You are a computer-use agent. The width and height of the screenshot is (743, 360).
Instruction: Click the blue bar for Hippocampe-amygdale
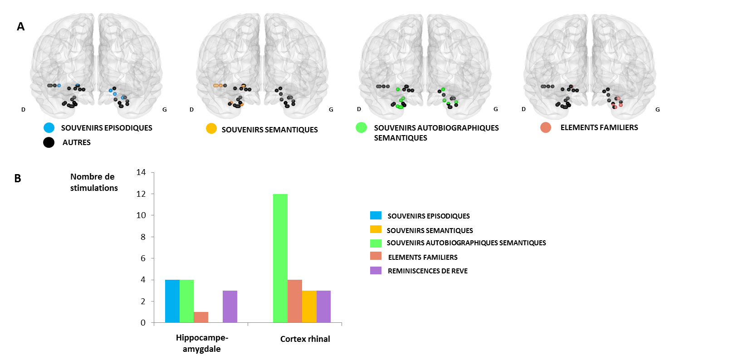point(172,301)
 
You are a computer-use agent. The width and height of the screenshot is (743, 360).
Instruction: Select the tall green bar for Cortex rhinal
point(280,258)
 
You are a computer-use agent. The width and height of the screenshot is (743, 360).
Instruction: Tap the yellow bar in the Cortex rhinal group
point(309,306)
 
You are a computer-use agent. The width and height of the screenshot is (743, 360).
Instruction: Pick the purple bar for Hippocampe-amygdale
point(230,306)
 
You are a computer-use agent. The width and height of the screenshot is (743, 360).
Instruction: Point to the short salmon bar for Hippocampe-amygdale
point(201,317)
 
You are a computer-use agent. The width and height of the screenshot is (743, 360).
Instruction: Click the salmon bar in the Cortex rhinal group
point(295,301)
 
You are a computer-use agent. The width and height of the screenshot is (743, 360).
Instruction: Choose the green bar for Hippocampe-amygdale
point(186,301)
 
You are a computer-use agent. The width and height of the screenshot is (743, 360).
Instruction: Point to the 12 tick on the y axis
point(141,194)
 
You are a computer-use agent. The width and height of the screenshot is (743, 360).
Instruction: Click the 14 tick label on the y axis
point(141,172)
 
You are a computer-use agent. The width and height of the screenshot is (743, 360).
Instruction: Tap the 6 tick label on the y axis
point(143,258)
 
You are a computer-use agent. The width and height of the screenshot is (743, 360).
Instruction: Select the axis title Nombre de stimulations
point(93,182)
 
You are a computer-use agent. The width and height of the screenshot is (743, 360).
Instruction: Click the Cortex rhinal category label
point(305,339)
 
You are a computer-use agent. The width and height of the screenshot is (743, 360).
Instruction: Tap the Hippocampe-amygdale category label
point(202,343)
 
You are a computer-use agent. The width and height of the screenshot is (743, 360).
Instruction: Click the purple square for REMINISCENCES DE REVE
point(376,271)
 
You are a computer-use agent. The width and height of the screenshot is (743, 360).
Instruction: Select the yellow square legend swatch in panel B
point(376,229)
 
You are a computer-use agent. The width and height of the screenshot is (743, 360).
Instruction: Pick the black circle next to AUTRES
point(49,142)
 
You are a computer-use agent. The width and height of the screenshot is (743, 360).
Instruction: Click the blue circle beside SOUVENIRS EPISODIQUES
point(49,128)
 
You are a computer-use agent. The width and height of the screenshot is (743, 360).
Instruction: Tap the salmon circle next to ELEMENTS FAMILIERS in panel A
point(546,128)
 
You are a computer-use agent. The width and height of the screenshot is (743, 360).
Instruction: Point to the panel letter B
point(18,179)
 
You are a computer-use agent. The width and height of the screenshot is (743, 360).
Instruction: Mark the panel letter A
point(20,27)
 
